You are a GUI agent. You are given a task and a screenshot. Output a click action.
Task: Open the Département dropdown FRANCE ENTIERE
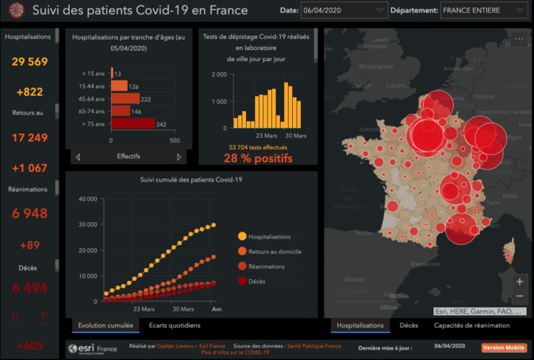483,11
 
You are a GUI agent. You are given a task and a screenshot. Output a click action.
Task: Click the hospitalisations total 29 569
29,62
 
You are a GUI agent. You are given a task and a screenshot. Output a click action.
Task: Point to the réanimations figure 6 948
29,213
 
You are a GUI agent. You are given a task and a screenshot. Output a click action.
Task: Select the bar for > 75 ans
132,124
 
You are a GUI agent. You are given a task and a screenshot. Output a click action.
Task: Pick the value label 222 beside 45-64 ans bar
145,99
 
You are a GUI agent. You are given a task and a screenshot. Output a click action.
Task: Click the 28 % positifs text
257,158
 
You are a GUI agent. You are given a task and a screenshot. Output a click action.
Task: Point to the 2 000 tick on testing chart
218,75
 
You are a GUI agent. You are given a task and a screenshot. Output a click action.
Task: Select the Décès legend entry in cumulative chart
259,281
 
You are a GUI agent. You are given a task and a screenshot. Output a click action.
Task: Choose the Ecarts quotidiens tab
174,325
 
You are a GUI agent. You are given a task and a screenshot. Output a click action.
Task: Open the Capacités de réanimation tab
471,325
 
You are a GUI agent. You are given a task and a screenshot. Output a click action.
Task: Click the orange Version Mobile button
503,347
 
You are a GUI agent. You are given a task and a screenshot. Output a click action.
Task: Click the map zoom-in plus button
519,281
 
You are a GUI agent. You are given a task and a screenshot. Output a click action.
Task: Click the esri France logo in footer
93,348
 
